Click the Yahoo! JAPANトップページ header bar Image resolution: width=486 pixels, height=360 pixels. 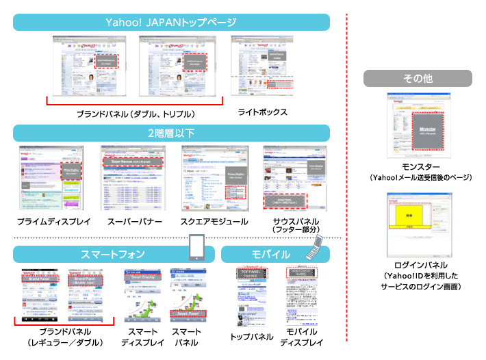171,21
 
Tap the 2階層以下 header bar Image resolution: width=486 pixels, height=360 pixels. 171,133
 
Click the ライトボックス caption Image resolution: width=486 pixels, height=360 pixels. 262,112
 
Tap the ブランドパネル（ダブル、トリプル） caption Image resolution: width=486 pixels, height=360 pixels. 136,114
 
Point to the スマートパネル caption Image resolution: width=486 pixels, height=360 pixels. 187,337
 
